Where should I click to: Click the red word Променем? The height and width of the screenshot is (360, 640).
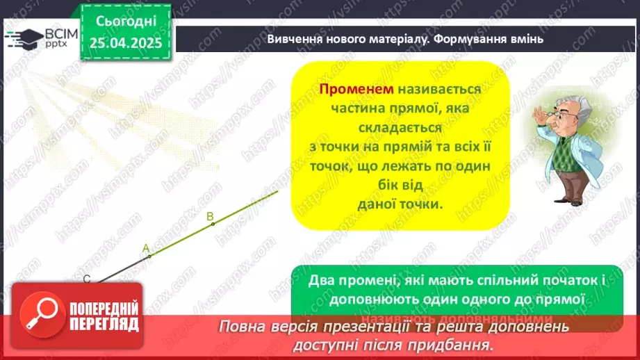(x=356, y=90)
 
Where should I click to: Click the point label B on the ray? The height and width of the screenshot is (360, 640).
(x=210, y=216)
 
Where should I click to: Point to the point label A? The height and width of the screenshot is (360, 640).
(x=146, y=247)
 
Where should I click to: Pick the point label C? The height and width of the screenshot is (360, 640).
(x=87, y=279)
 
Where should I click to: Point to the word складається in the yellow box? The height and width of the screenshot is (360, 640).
(x=400, y=128)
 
